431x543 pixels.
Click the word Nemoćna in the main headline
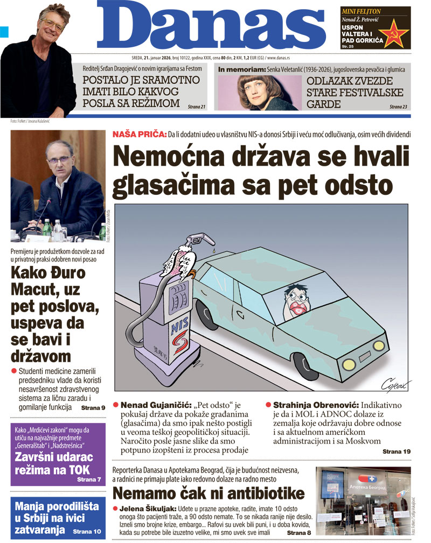(x=172, y=157)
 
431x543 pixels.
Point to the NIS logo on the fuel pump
(x=179, y=330)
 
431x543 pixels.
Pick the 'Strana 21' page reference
(x=197, y=107)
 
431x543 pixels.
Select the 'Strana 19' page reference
(x=396, y=452)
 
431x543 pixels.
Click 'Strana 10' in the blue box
(x=87, y=531)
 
